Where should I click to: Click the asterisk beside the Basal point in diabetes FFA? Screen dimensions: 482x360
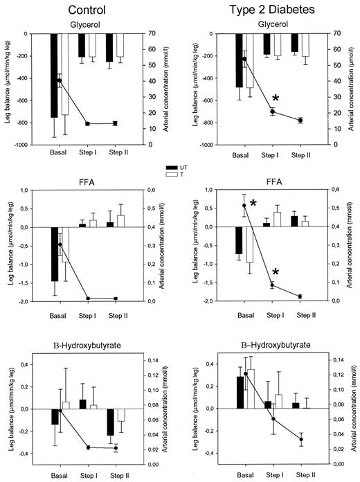pos(254,203)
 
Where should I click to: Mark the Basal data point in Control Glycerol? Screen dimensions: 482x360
pos(60,81)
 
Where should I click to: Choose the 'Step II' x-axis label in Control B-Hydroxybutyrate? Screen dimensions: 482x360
pos(115,474)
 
